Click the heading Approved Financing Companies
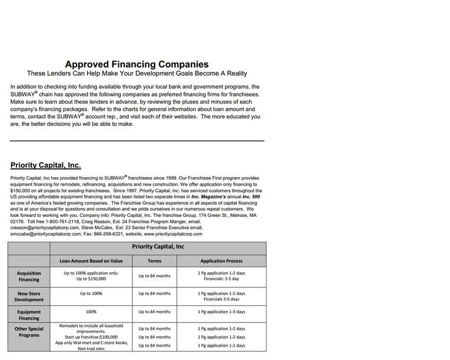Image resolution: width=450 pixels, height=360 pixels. point(137,65)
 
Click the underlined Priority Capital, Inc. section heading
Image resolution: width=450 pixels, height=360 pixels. point(46,166)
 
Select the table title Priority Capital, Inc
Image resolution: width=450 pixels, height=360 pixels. point(158,247)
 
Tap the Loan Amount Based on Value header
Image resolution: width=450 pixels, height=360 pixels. point(91,261)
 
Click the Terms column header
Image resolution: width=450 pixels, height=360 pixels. point(154,261)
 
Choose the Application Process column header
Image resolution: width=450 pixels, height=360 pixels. point(221,261)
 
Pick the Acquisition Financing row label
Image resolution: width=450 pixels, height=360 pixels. point(29,276)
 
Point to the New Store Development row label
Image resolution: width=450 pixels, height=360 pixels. point(29,297)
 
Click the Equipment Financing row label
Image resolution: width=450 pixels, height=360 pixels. point(29,314)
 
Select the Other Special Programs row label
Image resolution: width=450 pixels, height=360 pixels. point(29,332)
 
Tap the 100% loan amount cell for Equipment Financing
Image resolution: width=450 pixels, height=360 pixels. point(91,312)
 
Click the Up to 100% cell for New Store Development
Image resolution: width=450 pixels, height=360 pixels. point(91,294)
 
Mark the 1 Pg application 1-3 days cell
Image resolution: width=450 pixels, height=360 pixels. point(221,312)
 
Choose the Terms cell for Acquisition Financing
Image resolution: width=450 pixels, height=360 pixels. point(154,276)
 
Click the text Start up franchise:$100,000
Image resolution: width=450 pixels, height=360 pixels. point(91,337)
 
